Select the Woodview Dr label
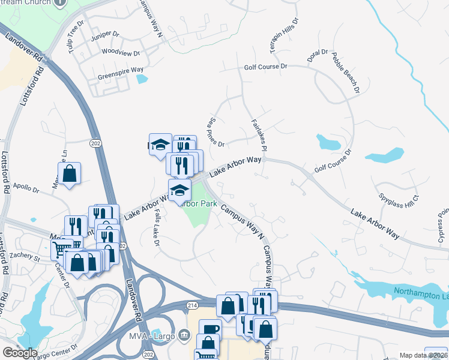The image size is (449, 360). [x=115, y=52]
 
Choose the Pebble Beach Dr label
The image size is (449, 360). [x=345, y=73]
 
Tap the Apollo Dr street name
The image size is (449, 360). [x=26, y=189]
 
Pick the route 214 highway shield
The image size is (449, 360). [x=191, y=305]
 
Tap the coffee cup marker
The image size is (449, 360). [x=210, y=329]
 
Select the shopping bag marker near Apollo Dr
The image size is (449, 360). [x=70, y=173]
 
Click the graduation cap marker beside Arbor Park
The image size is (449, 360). [x=179, y=190]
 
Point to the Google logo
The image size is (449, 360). [x=20, y=353]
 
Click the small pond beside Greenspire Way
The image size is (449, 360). [x=141, y=79]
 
